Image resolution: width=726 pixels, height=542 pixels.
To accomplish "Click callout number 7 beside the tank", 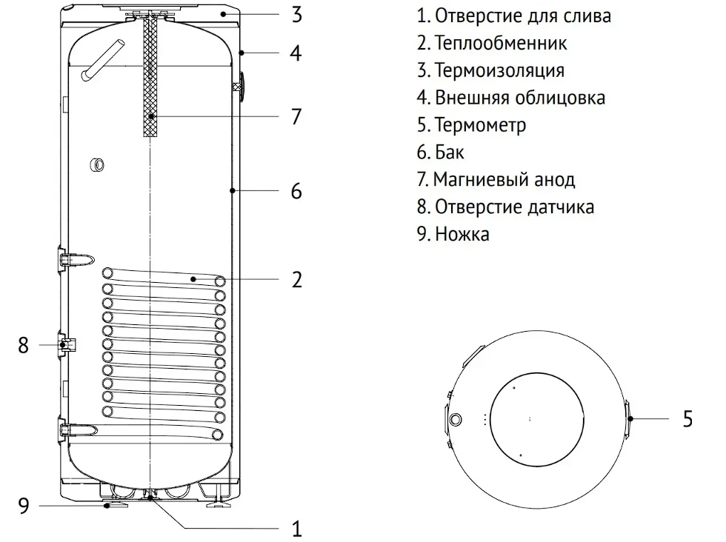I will pyautogui.click(x=296, y=117).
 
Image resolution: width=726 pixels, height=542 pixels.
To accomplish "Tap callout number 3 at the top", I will pyautogui.click(x=296, y=14).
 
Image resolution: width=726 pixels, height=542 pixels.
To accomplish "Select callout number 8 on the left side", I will pyautogui.click(x=24, y=345).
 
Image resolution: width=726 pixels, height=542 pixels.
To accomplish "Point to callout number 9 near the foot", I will pyautogui.click(x=24, y=506).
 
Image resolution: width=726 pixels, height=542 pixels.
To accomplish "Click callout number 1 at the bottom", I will pyautogui.click(x=296, y=529).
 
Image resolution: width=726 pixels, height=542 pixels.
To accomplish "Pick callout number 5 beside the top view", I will pyautogui.click(x=687, y=419).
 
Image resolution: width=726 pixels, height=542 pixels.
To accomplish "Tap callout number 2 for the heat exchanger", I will pyautogui.click(x=296, y=280).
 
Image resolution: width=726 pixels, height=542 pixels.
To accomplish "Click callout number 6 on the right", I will pyautogui.click(x=296, y=191).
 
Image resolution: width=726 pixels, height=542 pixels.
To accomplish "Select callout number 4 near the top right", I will pyautogui.click(x=296, y=53).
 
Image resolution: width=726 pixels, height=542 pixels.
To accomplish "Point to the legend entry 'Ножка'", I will pyautogui.click(x=453, y=234).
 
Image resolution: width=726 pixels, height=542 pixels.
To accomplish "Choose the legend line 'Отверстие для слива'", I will pyautogui.click(x=515, y=16).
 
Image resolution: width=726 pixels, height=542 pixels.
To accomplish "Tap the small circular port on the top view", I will pyautogui.click(x=456, y=419).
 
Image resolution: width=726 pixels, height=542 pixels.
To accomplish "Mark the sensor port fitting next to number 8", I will pyautogui.click(x=65, y=344).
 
